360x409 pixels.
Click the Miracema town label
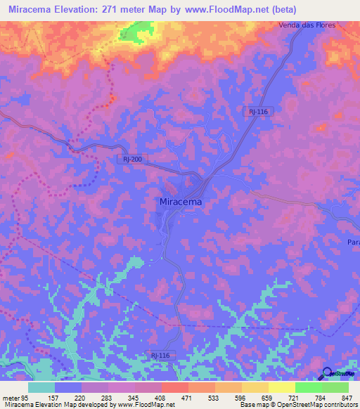pyautogui.click(x=176, y=202)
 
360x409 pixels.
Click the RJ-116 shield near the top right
pyautogui.click(x=257, y=112)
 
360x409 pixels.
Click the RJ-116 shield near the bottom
pyautogui.click(x=160, y=356)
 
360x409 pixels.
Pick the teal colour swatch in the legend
pyautogui.click(x=41, y=387)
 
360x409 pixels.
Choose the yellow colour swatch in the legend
pyautogui.click(x=281, y=387)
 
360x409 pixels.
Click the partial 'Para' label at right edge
pyautogui.click(x=353, y=242)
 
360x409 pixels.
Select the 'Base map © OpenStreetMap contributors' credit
pyautogui.click(x=297, y=405)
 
